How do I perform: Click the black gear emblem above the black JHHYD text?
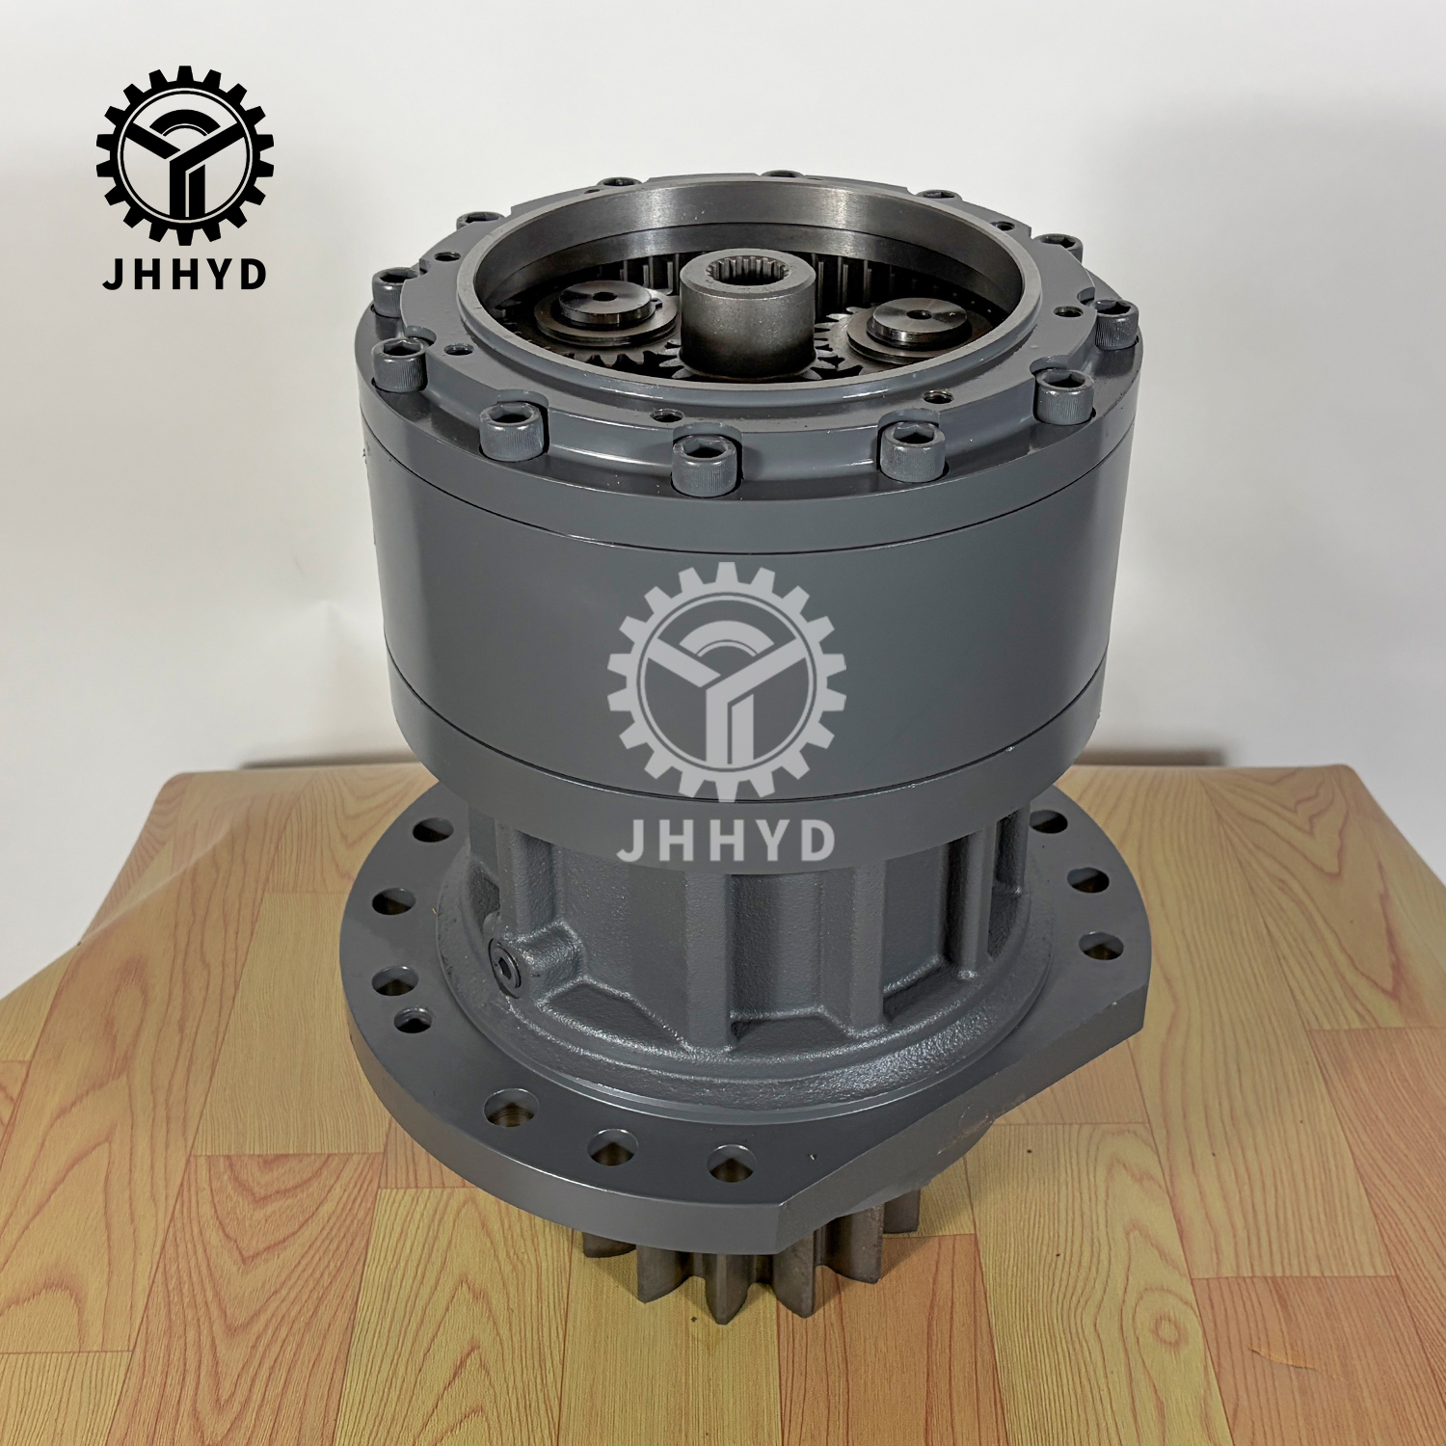[x=184, y=154]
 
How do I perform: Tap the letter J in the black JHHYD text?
[x=114, y=274]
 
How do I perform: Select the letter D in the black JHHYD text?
[x=252, y=274]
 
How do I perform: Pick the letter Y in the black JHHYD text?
[x=217, y=274]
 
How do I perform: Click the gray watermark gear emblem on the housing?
[x=727, y=683]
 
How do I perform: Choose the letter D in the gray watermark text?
[x=816, y=841]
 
